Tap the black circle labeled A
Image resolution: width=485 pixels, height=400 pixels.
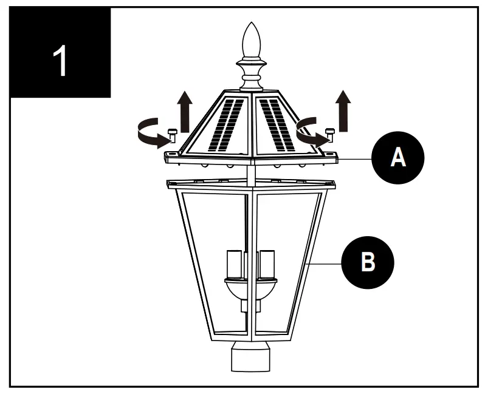[x=397, y=157]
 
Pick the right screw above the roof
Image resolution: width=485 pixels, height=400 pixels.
[x=331, y=134]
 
